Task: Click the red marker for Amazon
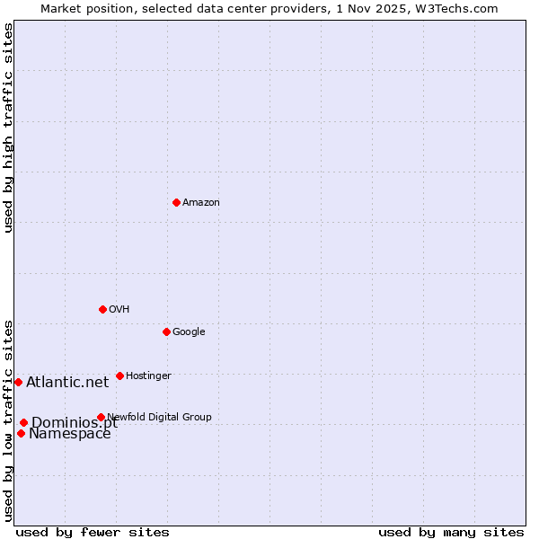pos(176,202)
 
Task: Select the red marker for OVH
pos(102,309)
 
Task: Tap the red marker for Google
pos(166,331)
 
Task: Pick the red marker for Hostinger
pos(119,376)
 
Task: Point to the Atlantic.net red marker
pos(18,382)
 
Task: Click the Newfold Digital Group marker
pos(101,417)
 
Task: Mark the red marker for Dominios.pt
pos(23,422)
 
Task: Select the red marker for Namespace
pos(21,433)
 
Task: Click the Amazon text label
pos(201,203)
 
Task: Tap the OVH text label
pos(119,310)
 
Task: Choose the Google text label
pos(189,332)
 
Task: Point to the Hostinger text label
pos(148,376)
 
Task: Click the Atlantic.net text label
pos(67,383)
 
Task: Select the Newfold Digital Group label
pos(160,417)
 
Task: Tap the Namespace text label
pos(70,435)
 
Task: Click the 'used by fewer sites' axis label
pos(93,532)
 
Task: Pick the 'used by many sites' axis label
pos(451,532)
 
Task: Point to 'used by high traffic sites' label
pos(8,128)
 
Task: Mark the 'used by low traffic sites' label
pos(8,420)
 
